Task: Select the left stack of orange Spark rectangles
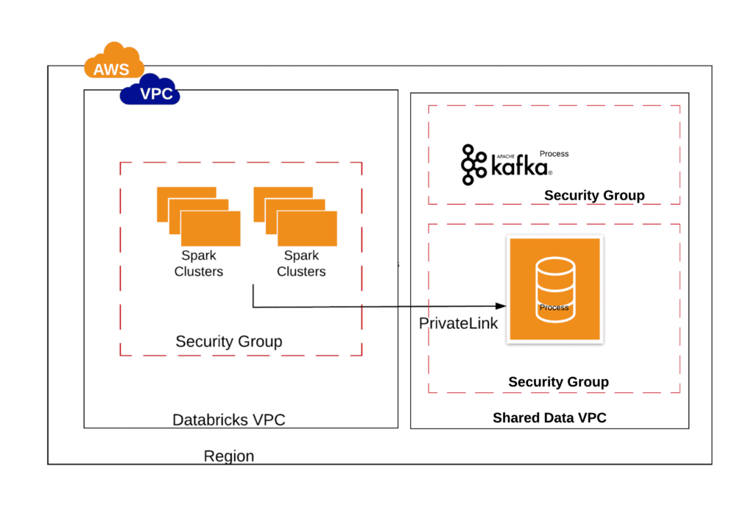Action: click(x=198, y=216)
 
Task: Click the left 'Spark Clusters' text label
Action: click(x=198, y=264)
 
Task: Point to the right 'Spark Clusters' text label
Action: click(x=301, y=264)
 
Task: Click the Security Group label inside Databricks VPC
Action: click(x=228, y=342)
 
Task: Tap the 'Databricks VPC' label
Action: click(x=228, y=420)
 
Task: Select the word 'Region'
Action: click(x=229, y=456)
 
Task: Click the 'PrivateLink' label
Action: click(x=459, y=323)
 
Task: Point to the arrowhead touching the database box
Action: click(x=503, y=306)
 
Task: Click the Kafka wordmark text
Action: click(x=520, y=169)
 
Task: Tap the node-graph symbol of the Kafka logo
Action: click(x=473, y=164)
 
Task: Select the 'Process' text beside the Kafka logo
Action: click(x=554, y=154)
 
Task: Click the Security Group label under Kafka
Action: click(x=594, y=195)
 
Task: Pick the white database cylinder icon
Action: click(x=554, y=286)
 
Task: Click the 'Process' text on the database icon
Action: click(x=554, y=308)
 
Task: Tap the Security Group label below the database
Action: click(x=558, y=382)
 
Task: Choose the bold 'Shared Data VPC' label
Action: click(x=549, y=418)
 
